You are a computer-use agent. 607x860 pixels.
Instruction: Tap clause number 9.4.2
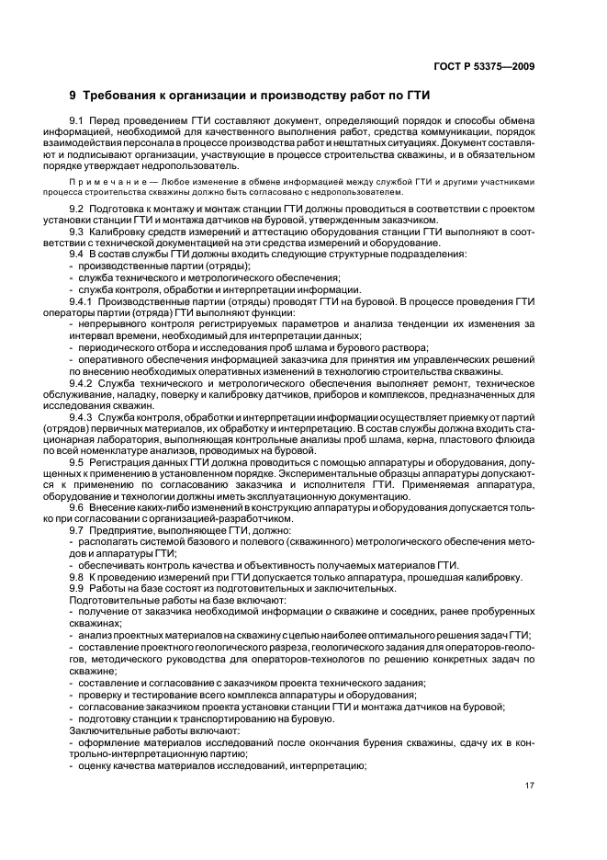pyautogui.click(x=83, y=383)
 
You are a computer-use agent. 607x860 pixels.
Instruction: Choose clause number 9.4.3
pyautogui.click(x=83, y=416)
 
